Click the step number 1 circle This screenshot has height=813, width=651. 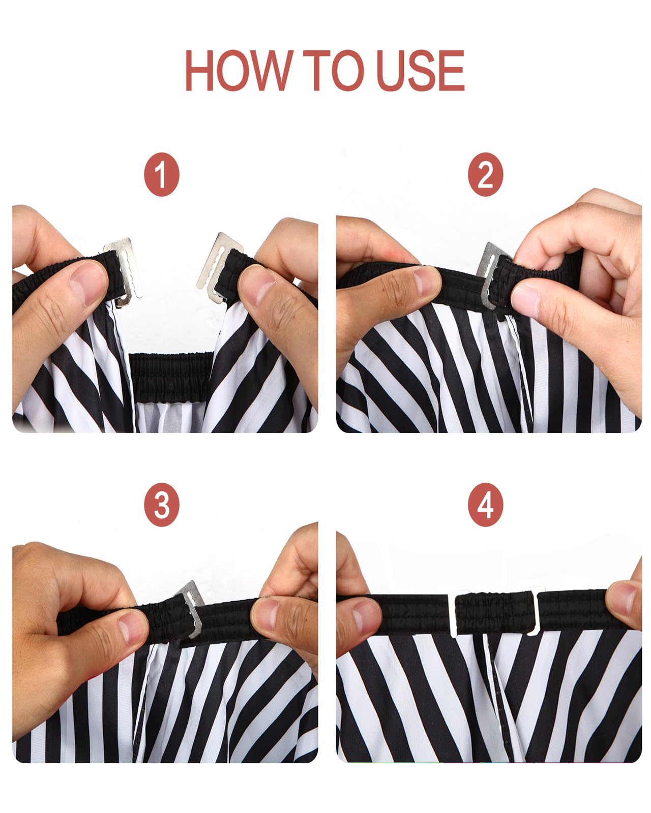tap(162, 174)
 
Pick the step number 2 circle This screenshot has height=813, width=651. tap(485, 174)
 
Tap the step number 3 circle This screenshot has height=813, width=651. tap(162, 505)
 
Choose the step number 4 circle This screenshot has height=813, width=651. tap(485, 505)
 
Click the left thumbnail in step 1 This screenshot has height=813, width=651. tap(90, 284)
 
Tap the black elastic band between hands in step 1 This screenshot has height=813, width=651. tap(171, 371)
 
